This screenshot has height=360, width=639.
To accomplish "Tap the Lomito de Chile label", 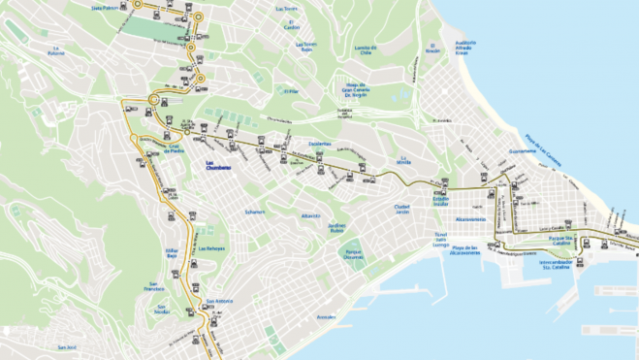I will pyautogui.click(x=366, y=48).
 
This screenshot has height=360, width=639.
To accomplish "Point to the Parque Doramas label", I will pyautogui.click(x=354, y=254).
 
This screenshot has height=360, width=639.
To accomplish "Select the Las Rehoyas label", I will pyautogui.click(x=210, y=248).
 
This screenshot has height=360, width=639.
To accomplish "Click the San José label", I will pyautogui.click(x=66, y=347).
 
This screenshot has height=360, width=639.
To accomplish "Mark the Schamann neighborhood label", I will pyautogui.click(x=255, y=213).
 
